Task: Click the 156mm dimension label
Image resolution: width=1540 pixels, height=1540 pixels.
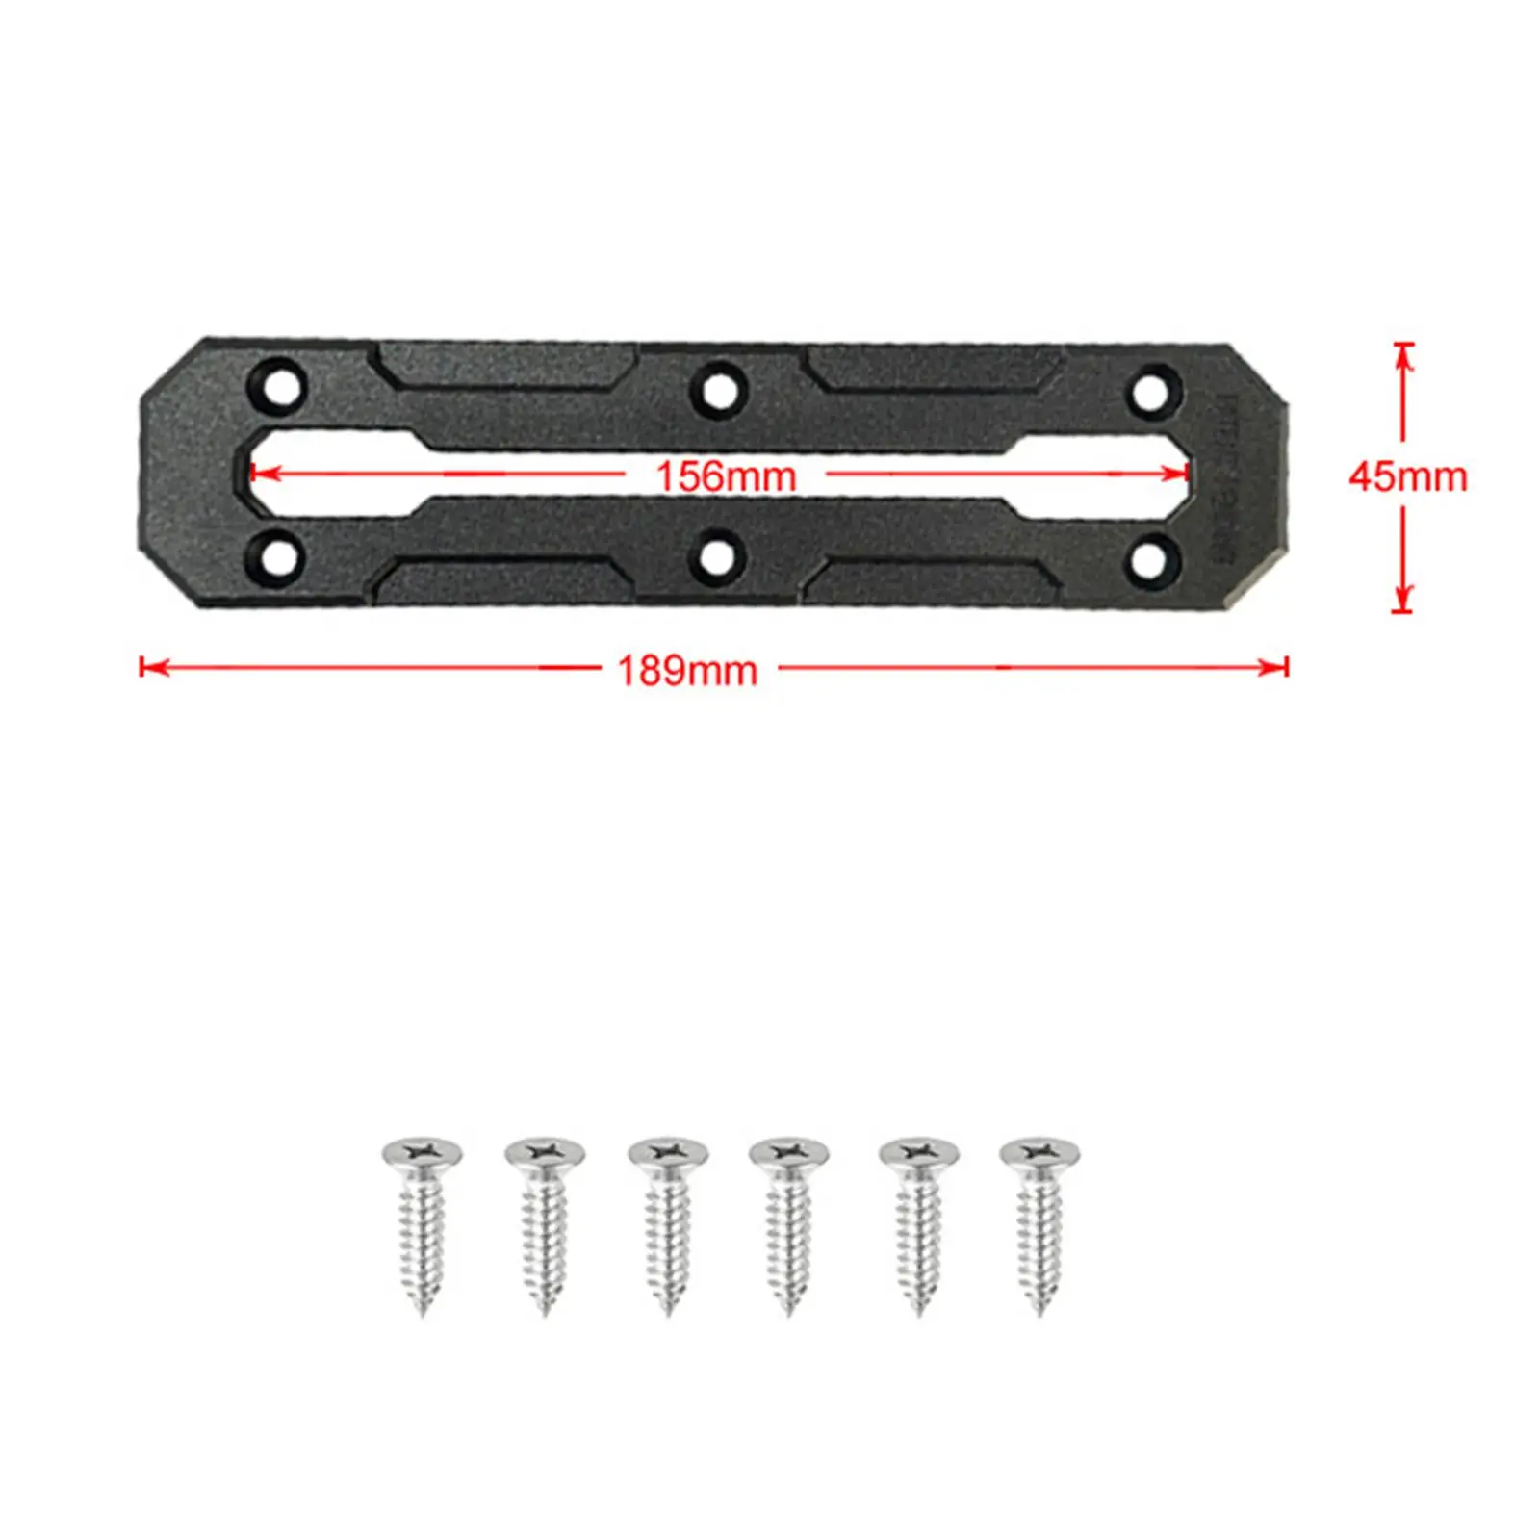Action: tap(726, 475)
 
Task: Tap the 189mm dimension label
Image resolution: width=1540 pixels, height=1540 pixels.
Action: tap(687, 670)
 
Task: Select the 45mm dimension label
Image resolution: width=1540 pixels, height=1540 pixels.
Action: tap(1407, 476)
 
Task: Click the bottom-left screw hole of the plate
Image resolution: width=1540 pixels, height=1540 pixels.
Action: tap(277, 556)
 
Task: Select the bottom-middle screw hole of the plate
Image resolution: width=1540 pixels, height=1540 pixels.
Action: tap(717, 557)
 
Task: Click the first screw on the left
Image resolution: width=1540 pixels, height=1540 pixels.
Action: tap(422, 1222)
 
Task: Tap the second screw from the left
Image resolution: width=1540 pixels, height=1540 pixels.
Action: tap(545, 1222)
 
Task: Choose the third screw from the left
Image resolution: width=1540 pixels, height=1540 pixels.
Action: tap(668, 1222)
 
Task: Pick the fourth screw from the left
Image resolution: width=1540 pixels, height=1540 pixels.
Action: tap(789, 1222)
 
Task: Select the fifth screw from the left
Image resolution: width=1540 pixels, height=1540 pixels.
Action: tap(919, 1222)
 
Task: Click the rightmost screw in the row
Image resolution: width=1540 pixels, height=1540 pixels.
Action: tap(1039, 1222)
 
